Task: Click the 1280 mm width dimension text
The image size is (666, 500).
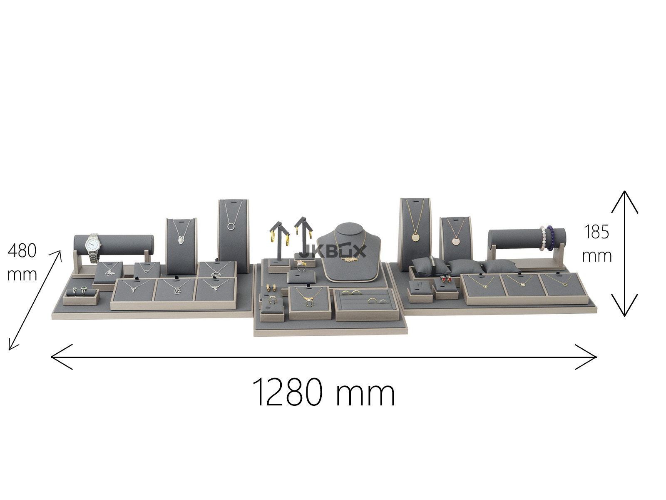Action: (323, 392)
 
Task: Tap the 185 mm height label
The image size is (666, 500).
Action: (596, 244)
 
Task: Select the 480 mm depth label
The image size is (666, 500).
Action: (22, 262)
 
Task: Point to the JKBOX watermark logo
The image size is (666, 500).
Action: (333, 251)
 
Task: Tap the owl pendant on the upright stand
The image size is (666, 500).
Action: (181, 240)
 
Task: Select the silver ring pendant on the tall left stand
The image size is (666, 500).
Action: (231, 226)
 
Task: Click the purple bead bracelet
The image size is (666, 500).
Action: (550, 237)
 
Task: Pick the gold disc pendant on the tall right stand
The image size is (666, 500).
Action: (415, 237)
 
